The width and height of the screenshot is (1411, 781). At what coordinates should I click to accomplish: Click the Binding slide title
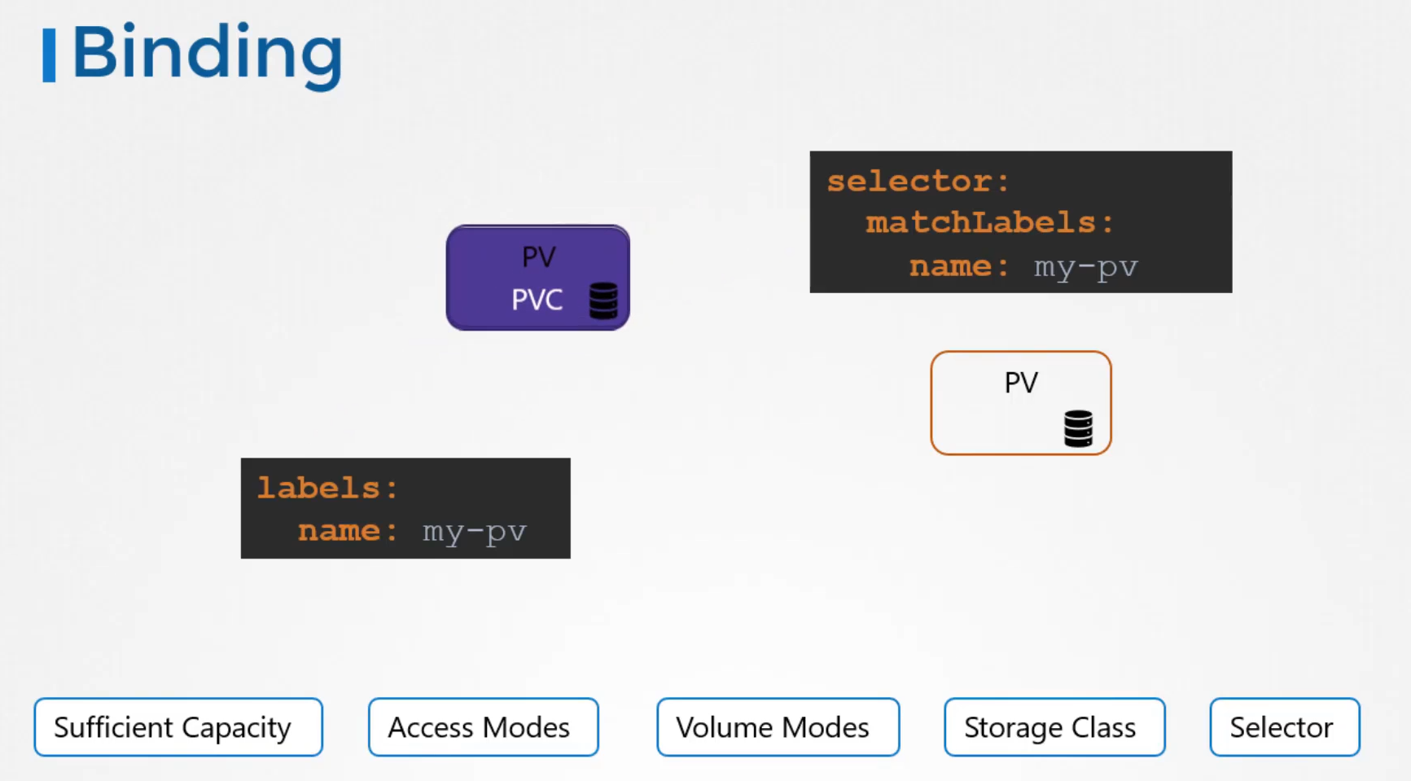click(208, 54)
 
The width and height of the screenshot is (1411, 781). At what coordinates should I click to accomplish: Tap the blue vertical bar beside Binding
click(49, 55)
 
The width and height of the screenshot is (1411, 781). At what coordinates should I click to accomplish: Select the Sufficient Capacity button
click(178, 727)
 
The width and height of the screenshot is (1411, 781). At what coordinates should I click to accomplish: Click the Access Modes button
click(484, 727)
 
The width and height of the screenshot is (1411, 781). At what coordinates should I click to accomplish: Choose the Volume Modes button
click(778, 727)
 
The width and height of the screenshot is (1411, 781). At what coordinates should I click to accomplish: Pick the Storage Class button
click(1054, 727)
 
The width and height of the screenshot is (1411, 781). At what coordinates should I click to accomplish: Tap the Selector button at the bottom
click(1285, 727)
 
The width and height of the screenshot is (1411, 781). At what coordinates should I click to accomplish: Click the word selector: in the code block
click(918, 181)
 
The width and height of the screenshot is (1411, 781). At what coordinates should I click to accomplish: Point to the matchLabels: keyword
click(990, 222)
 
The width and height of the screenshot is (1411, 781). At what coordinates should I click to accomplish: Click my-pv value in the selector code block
click(1086, 267)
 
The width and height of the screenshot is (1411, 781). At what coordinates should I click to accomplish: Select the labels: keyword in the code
click(328, 488)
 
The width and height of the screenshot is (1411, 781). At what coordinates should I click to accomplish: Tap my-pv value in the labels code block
click(475, 532)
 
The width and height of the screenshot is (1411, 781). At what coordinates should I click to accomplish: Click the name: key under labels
click(348, 531)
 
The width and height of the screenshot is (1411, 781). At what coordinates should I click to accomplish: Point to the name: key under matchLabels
click(960, 266)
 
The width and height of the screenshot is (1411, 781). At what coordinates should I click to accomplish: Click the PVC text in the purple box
click(537, 300)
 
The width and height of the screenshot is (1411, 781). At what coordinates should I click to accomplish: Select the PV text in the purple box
click(539, 257)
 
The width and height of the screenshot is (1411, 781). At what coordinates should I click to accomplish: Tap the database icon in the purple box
click(603, 301)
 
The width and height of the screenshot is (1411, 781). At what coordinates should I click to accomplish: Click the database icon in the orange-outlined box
click(1078, 428)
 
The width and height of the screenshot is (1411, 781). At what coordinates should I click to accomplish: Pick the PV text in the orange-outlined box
click(1021, 383)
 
